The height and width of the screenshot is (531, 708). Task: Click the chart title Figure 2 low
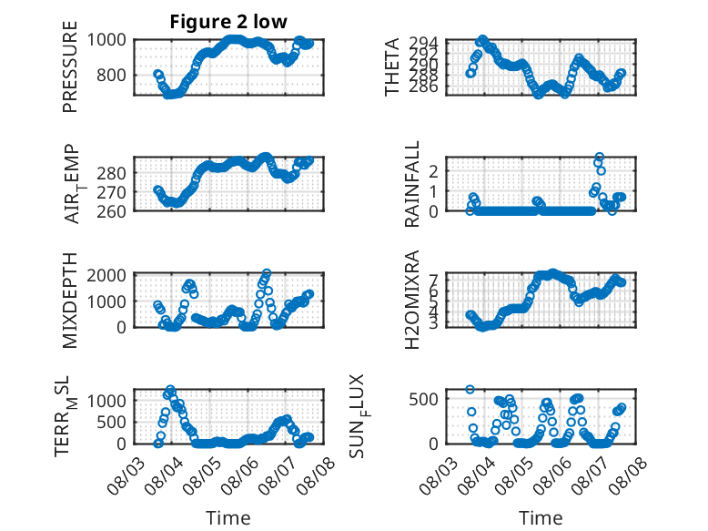(x=228, y=22)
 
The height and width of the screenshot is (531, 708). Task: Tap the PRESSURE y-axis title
(x=70, y=66)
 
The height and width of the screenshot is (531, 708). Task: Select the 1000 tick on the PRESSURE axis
(x=106, y=40)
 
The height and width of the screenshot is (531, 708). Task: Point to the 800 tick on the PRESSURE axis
(x=111, y=75)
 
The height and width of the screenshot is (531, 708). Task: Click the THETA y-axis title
(x=392, y=66)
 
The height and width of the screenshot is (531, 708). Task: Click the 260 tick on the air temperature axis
(x=111, y=211)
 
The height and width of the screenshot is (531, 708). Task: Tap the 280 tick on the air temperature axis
(x=111, y=173)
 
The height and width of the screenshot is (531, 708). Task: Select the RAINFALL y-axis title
(x=412, y=184)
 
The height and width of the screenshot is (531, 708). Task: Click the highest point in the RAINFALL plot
(x=599, y=157)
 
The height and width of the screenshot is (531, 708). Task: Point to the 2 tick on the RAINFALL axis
(x=433, y=171)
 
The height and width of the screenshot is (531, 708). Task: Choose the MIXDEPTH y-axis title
(x=70, y=301)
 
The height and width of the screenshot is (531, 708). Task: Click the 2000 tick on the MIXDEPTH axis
(x=106, y=275)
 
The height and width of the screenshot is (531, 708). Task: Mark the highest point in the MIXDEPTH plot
(x=267, y=273)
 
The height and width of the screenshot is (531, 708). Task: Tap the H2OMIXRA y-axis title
(x=412, y=300)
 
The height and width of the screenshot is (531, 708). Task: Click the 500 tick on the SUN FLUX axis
(x=423, y=400)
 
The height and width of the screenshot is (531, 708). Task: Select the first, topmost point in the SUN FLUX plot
(x=470, y=390)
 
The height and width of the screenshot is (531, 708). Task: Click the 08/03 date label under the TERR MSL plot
(x=126, y=476)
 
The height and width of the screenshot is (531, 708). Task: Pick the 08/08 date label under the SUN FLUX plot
(x=628, y=476)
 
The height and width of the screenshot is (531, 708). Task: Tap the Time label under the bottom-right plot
(x=541, y=518)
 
